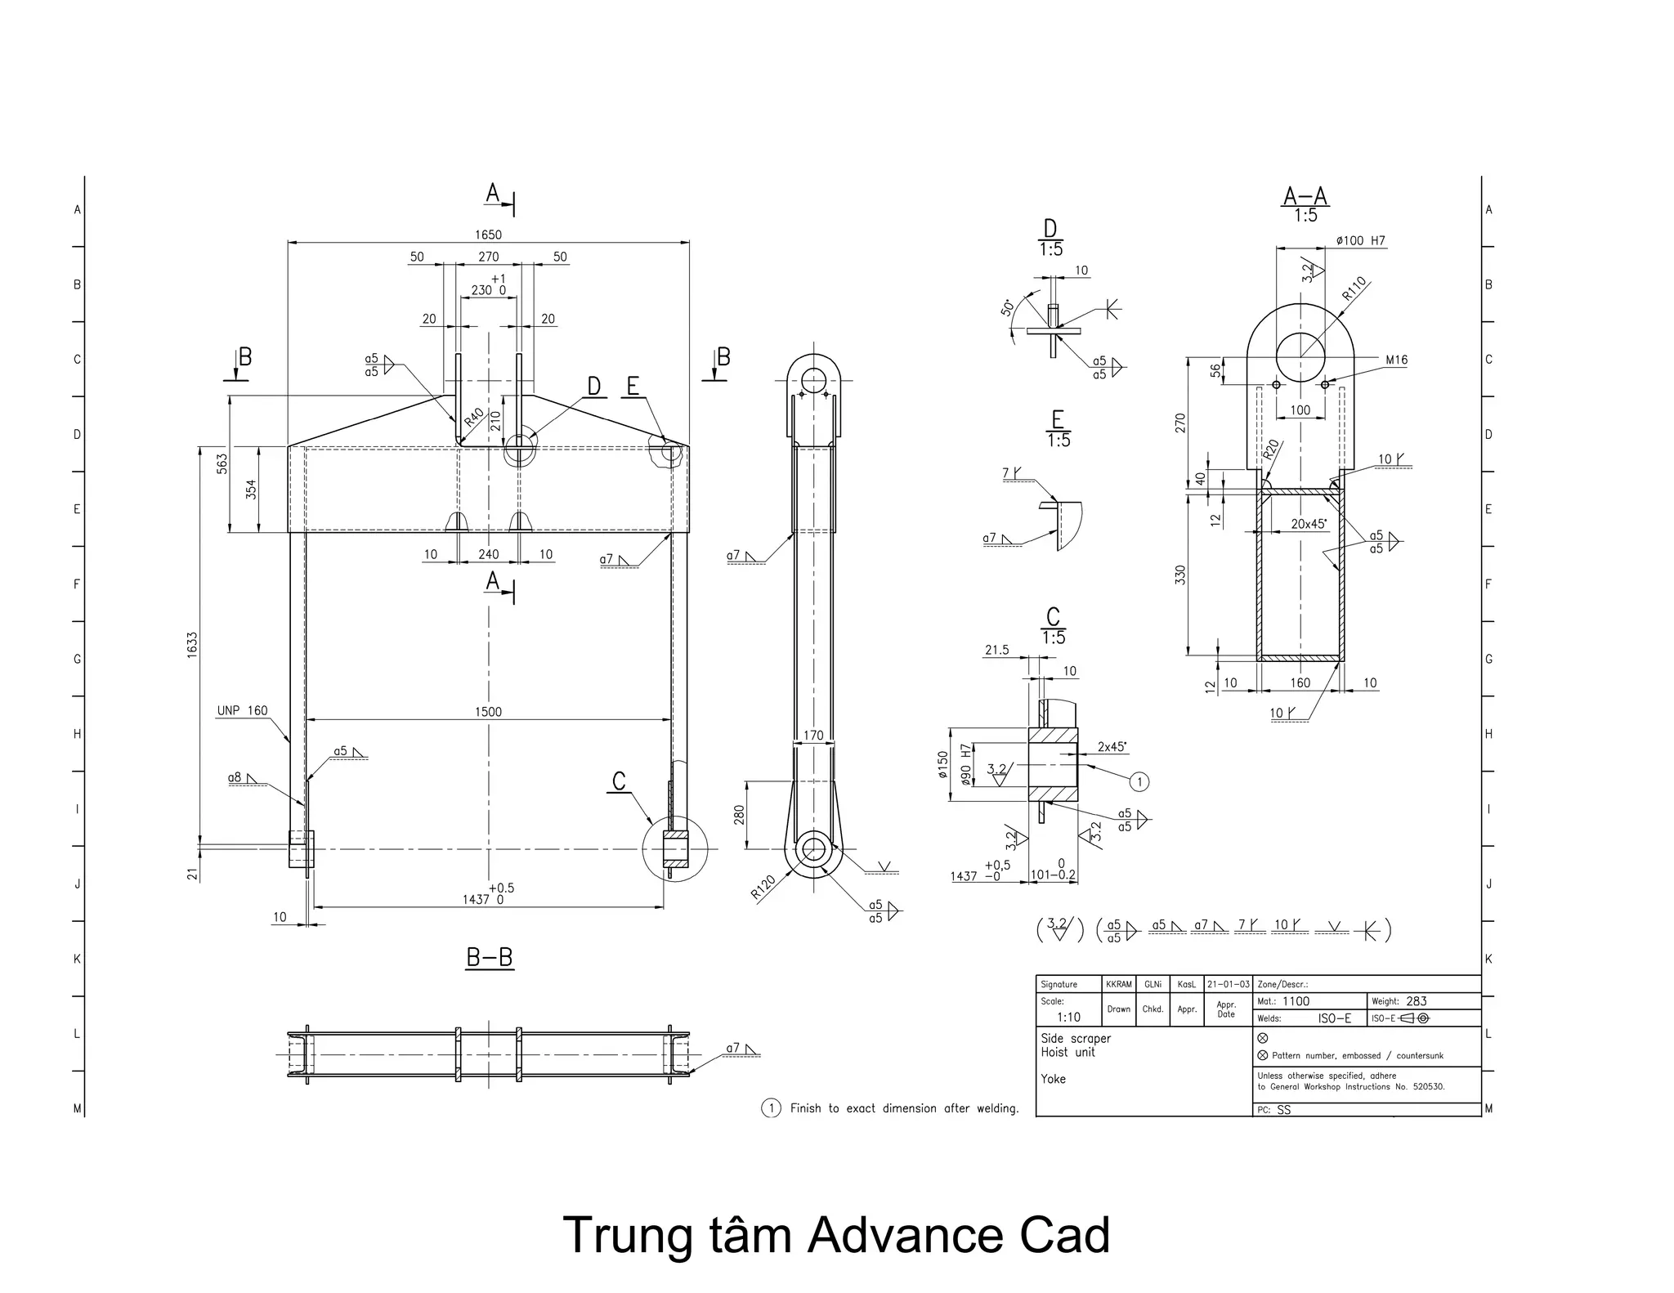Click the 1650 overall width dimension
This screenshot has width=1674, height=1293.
488,235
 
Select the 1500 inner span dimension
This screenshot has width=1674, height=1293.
488,711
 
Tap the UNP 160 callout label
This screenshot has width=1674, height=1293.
242,710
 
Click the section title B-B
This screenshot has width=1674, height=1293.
490,957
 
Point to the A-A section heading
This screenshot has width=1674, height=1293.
1305,197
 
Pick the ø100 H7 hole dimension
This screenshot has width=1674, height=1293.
1360,240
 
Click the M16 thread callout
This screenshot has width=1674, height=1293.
1396,360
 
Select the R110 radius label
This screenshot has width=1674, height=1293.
1354,289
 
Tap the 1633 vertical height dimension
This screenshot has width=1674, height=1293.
192,645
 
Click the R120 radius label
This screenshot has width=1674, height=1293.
763,888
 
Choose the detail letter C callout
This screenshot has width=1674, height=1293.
619,781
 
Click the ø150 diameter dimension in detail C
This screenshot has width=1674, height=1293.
942,765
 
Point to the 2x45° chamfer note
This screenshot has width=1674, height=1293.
1112,746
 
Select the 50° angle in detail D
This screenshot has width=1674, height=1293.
1008,307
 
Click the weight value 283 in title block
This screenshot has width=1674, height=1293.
1417,1001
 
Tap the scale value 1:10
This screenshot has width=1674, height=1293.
1068,1018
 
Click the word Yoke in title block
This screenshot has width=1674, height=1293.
1053,1079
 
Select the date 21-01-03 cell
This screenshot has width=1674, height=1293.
1228,984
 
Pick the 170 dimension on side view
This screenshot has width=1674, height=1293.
813,736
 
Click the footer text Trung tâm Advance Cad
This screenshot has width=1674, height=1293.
836,1236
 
